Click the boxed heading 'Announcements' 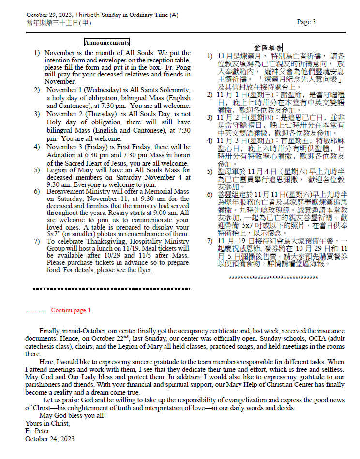click(x=107, y=43)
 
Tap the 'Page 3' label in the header click(x=306, y=22)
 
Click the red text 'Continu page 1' click(x=71, y=310)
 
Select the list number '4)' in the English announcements click(x=37, y=147)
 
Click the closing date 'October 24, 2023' click(x=50, y=439)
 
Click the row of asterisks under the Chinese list click(x=273, y=278)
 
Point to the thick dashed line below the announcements click(x=111, y=289)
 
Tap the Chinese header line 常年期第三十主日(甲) click(x=59, y=23)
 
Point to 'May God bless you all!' click(x=73, y=415)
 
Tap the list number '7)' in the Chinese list click(x=210, y=241)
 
